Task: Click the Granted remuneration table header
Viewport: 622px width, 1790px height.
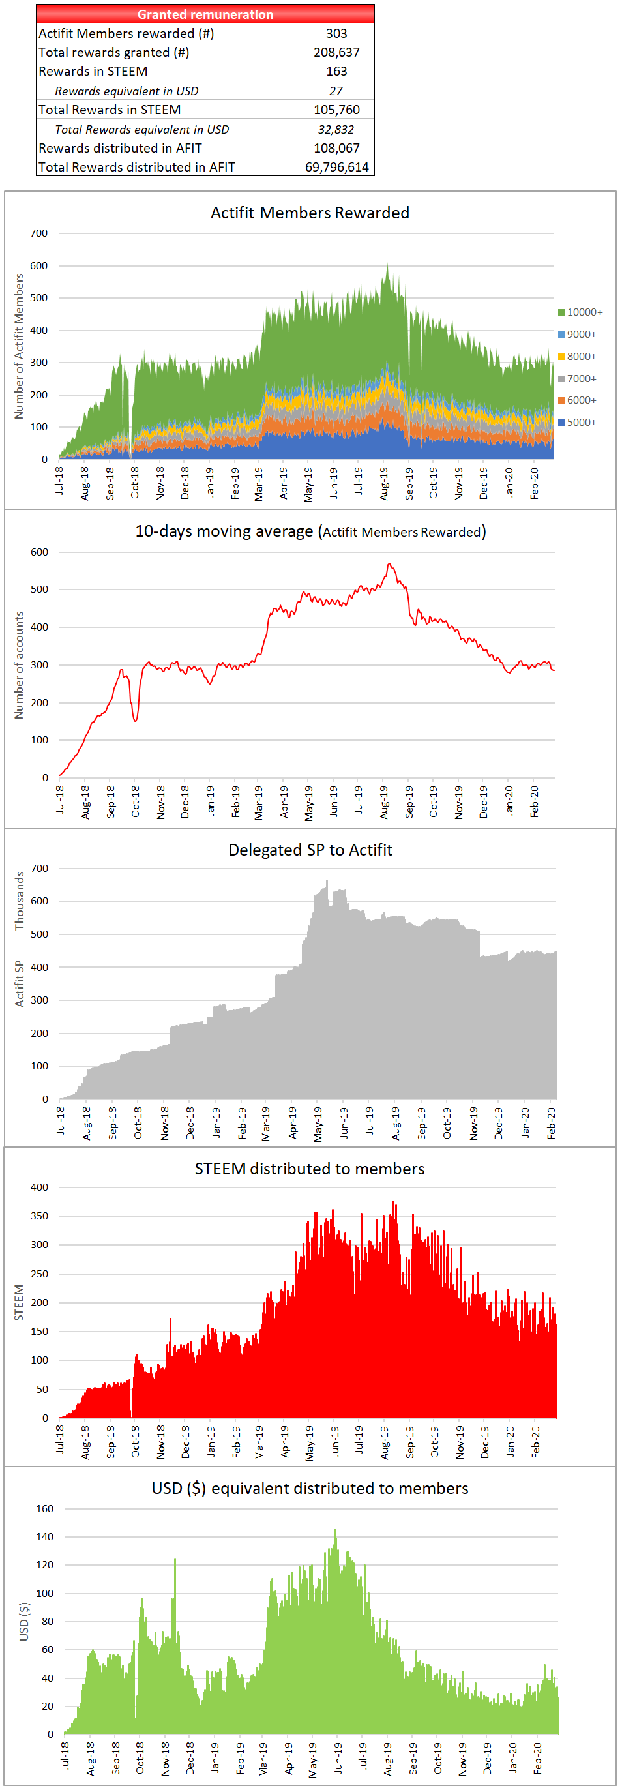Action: [x=205, y=14]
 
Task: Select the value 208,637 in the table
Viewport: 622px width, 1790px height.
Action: [x=336, y=52]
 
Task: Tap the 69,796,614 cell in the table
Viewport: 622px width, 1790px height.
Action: [x=336, y=167]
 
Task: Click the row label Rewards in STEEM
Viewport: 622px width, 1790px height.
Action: [x=93, y=72]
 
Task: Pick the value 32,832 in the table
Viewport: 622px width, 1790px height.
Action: [x=336, y=129]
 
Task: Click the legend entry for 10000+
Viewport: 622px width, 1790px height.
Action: [x=580, y=312]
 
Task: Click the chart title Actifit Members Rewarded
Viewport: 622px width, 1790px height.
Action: [x=310, y=213]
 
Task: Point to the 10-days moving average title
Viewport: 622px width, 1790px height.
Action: [x=310, y=531]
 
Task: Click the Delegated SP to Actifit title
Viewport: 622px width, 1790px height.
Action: [x=310, y=850]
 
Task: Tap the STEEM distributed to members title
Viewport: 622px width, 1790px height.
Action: [x=310, y=1169]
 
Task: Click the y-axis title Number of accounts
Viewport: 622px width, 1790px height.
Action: [x=19, y=665]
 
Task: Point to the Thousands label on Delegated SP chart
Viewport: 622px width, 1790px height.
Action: [x=20, y=901]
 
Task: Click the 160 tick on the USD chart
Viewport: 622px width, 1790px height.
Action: [x=44, y=1508]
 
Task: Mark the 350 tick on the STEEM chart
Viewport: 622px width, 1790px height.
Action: [x=40, y=1216]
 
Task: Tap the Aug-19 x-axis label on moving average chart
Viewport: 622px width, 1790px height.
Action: [x=384, y=803]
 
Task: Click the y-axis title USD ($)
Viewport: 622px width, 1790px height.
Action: [x=24, y=1621]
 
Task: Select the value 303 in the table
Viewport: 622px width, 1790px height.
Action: [x=336, y=33]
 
